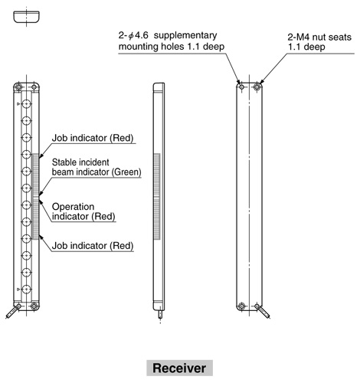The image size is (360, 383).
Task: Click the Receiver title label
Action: click(179, 368)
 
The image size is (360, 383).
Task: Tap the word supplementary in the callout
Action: click(185, 35)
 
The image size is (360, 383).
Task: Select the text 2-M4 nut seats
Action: click(319, 38)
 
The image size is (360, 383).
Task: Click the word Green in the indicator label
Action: click(126, 172)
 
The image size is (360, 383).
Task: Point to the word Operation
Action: click(73, 207)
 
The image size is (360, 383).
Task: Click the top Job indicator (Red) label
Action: click(93, 138)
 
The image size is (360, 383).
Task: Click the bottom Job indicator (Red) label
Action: click(93, 246)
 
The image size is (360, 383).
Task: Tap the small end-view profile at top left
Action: click(26, 17)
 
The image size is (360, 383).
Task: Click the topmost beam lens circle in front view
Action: click(26, 104)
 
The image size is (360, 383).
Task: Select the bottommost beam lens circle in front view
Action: click(26, 290)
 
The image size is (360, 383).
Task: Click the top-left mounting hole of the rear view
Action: click(241, 87)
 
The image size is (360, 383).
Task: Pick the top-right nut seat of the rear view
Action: click(257, 87)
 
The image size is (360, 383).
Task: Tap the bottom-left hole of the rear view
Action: click(241, 306)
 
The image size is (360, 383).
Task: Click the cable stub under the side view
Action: click(160, 313)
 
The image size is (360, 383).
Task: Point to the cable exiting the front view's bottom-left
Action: click(11, 312)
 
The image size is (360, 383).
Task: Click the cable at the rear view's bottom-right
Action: click(264, 312)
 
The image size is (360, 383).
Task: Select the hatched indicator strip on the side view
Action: click(157, 197)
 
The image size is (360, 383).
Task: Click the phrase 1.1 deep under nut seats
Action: click(306, 47)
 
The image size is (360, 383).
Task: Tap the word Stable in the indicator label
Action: click(64, 162)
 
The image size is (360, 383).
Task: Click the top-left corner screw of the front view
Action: click(18, 87)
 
